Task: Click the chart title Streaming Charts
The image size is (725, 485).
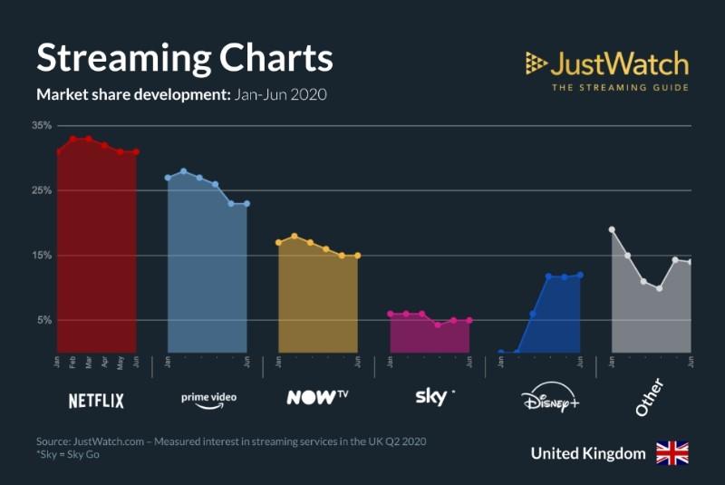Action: point(184,57)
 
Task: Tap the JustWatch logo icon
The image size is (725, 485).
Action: point(536,63)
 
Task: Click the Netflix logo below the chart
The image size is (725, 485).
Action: point(96,400)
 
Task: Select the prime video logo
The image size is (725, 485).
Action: point(208,400)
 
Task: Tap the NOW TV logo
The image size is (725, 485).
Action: point(317,397)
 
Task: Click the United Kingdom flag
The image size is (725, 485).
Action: point(672,453)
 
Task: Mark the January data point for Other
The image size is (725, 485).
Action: point(612,229)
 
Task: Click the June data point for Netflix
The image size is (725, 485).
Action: point(136,152)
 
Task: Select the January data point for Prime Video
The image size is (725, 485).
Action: point(168,178)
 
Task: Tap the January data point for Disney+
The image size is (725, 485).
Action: point(501,352)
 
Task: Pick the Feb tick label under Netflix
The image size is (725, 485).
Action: point(73,362)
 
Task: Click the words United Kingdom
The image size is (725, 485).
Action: point(588,453)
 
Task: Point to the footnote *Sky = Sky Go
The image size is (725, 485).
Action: point(68,454)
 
